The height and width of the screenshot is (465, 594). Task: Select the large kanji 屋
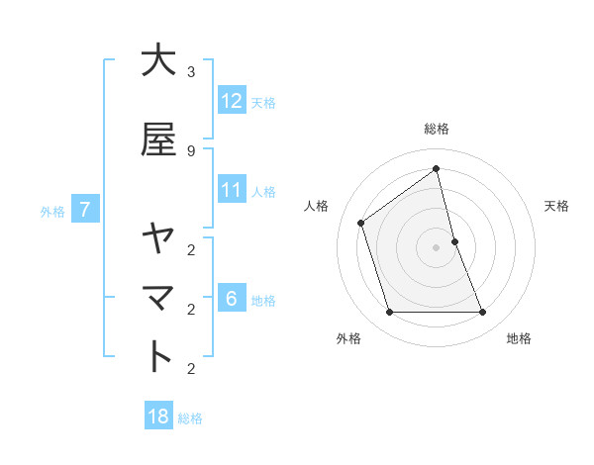tap(158, 139)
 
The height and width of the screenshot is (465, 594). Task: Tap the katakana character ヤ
tap(158, 237)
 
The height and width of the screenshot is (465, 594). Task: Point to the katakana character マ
tap(158, 297)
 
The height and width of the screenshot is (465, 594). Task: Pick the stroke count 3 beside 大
tap(191, 72)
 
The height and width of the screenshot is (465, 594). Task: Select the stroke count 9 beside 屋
tap(191, 150)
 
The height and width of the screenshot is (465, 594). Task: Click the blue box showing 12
tap(232, 100)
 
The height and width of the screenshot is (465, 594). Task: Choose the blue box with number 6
tap(232, 298)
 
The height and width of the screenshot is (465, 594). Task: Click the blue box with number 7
tap(86, 209)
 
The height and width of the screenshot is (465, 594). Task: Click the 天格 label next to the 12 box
tap(263, 102)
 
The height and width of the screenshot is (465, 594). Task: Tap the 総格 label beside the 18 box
tap(190, 418)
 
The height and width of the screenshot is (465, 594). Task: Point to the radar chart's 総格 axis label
tap(437, 129)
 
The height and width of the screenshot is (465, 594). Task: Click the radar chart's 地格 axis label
tap(519, 338)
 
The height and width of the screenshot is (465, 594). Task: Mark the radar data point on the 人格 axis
tap(361, 223)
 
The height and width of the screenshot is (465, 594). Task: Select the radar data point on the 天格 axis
tap(454, 241)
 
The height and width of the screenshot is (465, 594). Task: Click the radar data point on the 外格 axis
tap(389, 313)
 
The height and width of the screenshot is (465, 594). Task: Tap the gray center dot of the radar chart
tap(437, 247)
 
